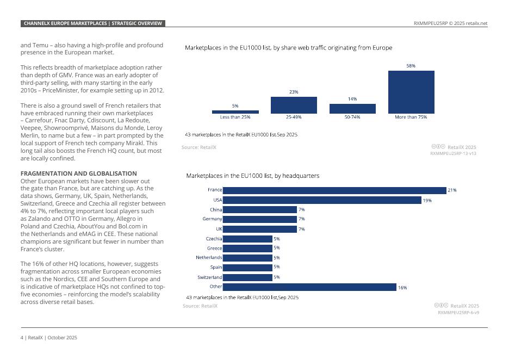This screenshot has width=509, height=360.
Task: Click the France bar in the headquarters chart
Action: [334, 190]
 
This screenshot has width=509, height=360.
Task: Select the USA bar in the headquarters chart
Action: [322, 200]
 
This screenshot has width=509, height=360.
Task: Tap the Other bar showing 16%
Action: [309, 287]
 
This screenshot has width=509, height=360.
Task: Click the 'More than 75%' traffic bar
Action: [411, 92]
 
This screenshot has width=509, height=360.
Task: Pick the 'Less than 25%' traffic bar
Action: [235, 112]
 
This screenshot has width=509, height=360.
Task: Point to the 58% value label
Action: [411, 66]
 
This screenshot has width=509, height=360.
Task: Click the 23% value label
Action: [294, 92]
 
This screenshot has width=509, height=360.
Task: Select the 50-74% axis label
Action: [352, 117]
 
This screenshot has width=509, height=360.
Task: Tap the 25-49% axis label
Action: [294, 117]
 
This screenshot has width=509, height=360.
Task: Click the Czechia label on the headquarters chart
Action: [214, 239]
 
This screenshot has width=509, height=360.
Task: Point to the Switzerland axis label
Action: [209, 277]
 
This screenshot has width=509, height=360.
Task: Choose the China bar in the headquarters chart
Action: [259, 209]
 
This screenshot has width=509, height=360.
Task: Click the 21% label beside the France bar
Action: [452, 190]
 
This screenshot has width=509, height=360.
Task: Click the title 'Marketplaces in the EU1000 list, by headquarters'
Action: [252, 176]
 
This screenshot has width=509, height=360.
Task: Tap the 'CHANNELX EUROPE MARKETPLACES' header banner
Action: [92, 23]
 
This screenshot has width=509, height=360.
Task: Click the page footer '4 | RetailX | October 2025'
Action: [49, 338]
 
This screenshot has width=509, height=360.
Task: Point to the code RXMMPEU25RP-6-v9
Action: [458, 313]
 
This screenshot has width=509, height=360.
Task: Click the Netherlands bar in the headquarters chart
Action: [247, 258]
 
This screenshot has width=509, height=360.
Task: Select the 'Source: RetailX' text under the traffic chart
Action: [198, 147]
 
